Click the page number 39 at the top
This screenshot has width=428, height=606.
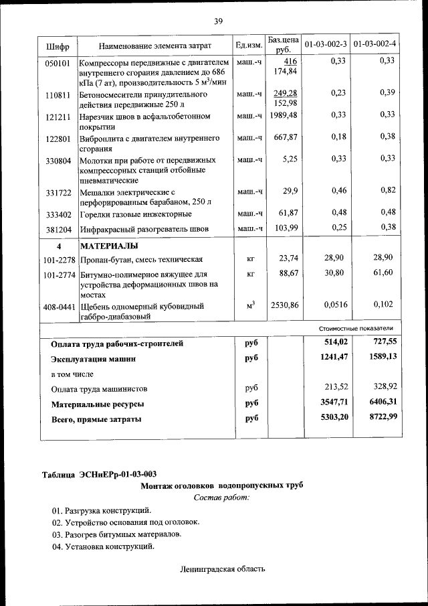coord(218,21)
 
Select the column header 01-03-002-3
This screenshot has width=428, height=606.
coord(326,45)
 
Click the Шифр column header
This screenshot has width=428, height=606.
coord(58,46)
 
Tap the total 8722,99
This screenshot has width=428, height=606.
coord(381,419)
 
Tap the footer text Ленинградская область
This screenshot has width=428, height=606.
coord(222,569)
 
